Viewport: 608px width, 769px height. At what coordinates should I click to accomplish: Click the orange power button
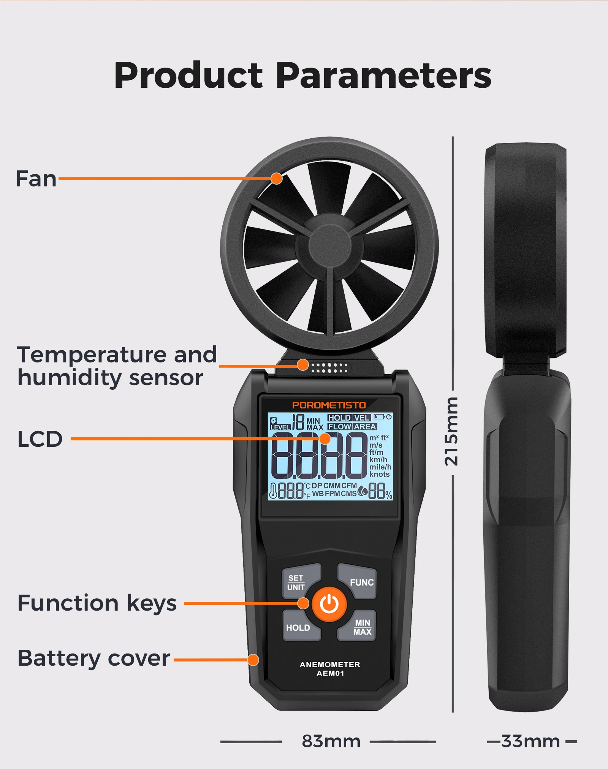pos(329,604)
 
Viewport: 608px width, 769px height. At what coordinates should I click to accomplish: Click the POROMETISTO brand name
pos(329,405)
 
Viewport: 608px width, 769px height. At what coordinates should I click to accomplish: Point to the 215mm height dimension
pos(451,432)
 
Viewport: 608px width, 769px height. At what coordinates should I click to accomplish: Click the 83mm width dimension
pos(331,741)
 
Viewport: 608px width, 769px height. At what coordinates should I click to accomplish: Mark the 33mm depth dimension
pos(530,741)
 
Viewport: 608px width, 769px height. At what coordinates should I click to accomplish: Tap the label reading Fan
pos(36,179)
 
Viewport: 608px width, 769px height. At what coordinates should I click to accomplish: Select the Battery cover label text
pos(93,658)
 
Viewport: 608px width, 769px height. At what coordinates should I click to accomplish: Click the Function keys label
pos(97,604)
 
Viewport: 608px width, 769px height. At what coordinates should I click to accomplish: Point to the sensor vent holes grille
pos(329,368)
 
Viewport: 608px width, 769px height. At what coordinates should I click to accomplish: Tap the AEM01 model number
pos(330,673)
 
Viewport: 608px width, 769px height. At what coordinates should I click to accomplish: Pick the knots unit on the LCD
pos(379,474)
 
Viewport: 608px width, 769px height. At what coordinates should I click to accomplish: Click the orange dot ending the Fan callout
pos(277,178)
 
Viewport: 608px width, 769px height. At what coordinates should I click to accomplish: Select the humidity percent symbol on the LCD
pos(389,495)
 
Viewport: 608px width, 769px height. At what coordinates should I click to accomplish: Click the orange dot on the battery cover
pos(253,660)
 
